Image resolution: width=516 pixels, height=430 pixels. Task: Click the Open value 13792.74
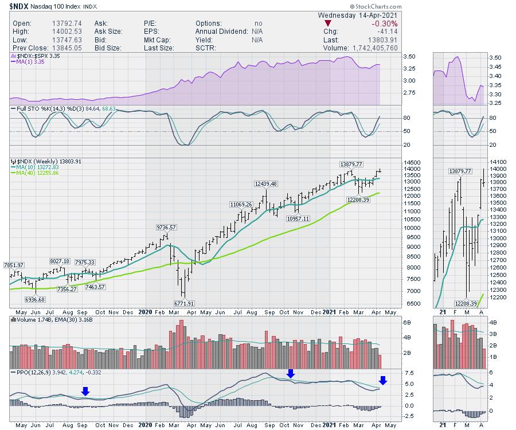coord(60,23)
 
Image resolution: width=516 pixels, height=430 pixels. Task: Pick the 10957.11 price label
coord(298,218)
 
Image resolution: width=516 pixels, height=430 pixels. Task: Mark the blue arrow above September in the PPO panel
coord(85,391)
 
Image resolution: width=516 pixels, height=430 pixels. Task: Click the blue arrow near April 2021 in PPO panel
coord(383,380)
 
